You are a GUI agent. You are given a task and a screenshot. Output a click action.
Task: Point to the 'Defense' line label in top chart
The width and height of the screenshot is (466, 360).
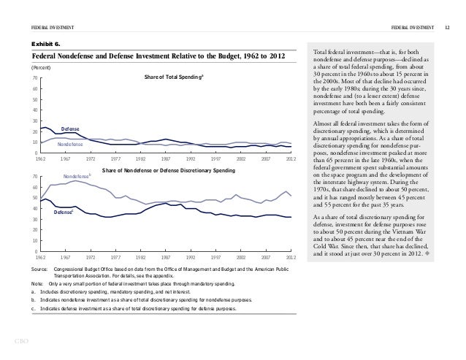pyautogui.click(x=70, y=128)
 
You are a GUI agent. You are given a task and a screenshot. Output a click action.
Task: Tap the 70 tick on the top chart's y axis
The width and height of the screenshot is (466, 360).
pyautogui.click(x=34, y=78)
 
